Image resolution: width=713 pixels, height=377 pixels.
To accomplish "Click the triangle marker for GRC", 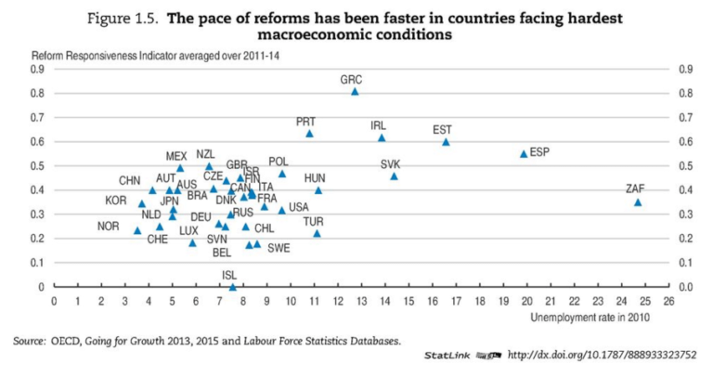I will [355, 92].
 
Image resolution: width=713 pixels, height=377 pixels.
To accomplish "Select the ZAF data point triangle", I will [638, 202].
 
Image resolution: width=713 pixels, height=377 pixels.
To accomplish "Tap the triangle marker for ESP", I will [524, 153].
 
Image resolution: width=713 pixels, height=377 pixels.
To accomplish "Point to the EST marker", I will [446, 142].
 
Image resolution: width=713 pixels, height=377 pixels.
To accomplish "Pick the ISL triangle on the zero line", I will [232, 287].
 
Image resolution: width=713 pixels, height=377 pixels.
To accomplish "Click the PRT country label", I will [306, 122].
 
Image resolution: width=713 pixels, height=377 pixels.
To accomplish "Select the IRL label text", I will [379, 125].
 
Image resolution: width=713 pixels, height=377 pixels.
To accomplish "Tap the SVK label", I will [391, 164].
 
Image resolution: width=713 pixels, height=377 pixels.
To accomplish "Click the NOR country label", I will [109, 227].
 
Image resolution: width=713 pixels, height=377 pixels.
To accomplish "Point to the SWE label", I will [279, 248].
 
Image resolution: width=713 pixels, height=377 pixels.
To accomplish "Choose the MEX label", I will [176, 156].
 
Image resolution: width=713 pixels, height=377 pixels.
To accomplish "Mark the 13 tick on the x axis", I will [361, 301].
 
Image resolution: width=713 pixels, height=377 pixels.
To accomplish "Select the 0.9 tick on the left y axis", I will [39, 69].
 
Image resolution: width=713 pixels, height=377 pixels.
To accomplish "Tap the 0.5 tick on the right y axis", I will [688, 165].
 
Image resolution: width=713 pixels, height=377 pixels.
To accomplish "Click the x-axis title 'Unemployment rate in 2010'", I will [590, 318].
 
